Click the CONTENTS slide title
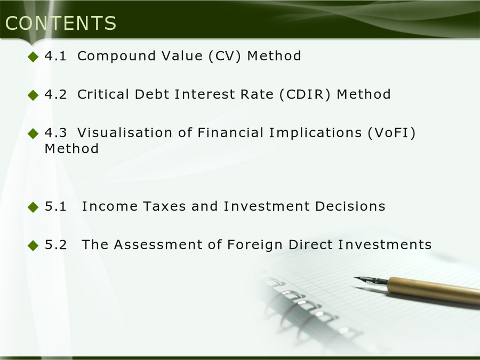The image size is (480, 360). tap(61, 23)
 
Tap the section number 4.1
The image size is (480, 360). tap(55, 56)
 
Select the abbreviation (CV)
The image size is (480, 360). tap(225, 57)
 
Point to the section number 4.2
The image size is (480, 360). tap(55, 94)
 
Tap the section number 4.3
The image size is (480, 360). tap(55, 133)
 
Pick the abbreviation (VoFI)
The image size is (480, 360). tap(391, 133)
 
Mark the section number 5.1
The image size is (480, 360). tap(55, 206)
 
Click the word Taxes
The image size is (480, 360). tap(164, 206)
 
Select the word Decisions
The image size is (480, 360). tap(350, 206)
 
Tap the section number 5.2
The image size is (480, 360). tap(55, 245)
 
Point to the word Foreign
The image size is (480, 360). tap(255, 245)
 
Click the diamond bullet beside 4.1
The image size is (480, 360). tap(33, 57)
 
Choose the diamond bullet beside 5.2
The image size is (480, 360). tap(33, 245)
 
